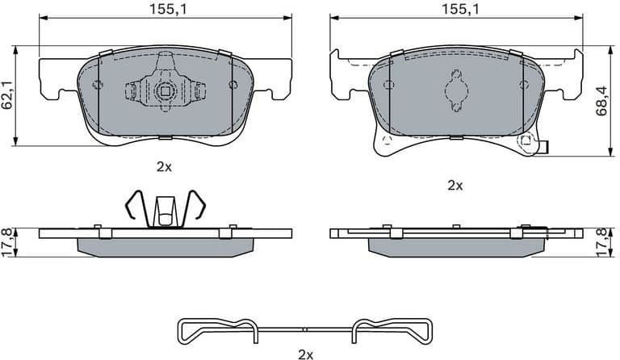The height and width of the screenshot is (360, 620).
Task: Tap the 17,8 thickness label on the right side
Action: click(x=601, y=241)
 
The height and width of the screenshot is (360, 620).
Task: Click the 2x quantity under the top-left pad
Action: click(x=165, y=166)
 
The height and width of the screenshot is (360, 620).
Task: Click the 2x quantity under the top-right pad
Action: click(x=455, y=185)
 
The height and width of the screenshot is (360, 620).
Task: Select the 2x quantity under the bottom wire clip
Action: click(x=305, y=354)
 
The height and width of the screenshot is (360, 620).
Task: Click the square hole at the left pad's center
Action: click(x=164, y=90)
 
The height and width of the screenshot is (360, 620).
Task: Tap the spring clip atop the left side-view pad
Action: click(x=164, y=209)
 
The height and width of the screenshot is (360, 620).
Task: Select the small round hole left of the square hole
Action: click(x=97, y=85)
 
